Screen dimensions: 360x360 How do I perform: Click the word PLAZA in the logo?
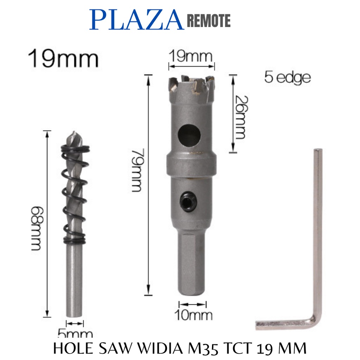pos(137,20)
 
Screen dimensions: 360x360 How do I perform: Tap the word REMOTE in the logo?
pos(209,21)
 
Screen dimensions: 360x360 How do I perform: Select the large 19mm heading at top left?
pos(63,59)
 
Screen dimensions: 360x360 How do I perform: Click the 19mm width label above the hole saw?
pos(191,56)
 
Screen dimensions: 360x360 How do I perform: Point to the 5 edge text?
pos(288,77)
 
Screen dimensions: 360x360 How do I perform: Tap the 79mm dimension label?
pos(138,170)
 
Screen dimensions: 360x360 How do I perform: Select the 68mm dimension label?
pos(37,229)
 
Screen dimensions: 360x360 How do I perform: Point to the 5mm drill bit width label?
pos(75,333)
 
